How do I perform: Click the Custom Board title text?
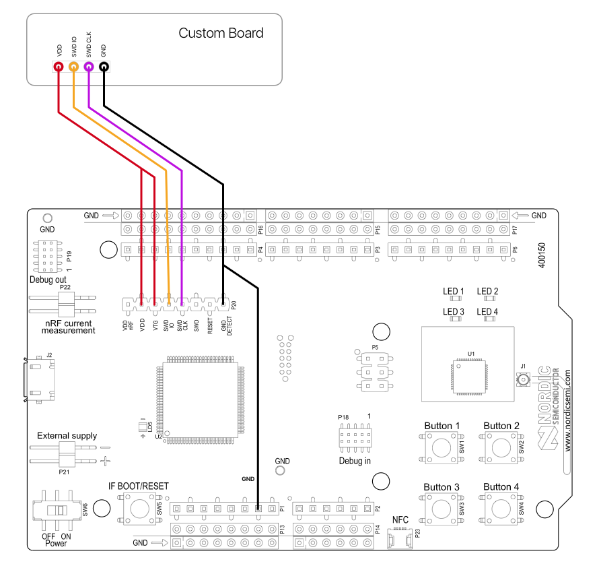pyautogui.click(x=221, y=33)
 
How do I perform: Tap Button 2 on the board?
pyautogui.click(x=501, y=447)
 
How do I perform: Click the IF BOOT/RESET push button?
pyautogui.click(x=139, y=507)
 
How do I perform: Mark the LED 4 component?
pyautogui.click(x=487, y=319)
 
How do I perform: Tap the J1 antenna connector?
pyautogui.click(x=522, y=381)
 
